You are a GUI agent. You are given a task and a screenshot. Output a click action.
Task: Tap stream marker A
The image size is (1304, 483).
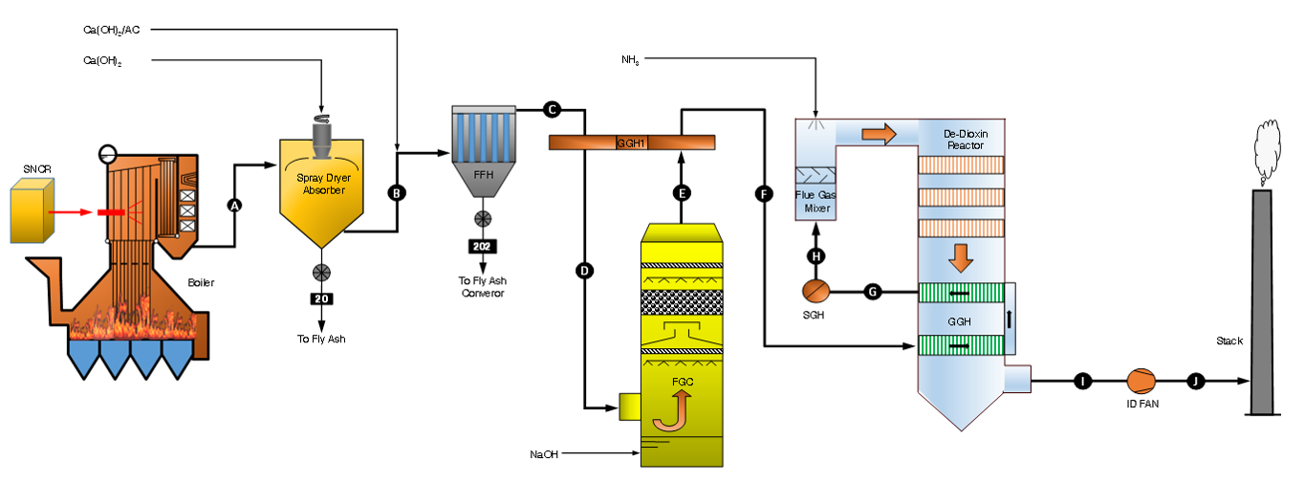[234, 204]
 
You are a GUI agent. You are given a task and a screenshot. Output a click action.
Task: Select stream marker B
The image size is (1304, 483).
[397, 192]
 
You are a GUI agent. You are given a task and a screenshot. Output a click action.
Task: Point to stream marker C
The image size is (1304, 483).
[552, 110]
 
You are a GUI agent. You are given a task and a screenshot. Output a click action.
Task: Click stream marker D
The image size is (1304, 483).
[584, 271]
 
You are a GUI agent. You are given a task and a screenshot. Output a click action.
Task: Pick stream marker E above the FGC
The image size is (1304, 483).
[682, 192]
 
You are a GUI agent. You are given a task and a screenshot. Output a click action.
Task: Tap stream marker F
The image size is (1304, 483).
[763, 194]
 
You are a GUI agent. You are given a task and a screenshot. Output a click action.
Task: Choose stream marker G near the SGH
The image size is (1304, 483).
[872, 291]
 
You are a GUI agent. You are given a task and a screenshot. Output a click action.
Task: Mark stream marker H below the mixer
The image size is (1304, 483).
[815, 256]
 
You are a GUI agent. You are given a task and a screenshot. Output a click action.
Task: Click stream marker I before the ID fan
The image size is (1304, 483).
[1082, 382]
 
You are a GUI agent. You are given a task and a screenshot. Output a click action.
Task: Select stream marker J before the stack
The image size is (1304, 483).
[1195, 382]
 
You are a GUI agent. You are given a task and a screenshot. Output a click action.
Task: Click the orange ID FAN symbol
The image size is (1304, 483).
[1141, 382]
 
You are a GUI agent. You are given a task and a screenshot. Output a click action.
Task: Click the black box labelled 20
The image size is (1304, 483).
[320, 298]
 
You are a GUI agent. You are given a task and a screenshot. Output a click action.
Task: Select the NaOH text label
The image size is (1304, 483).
[543, 453]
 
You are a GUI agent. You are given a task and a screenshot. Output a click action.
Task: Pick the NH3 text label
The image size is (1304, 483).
[629, 60]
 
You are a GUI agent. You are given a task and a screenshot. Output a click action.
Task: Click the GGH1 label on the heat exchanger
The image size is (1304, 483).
[631, 143]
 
